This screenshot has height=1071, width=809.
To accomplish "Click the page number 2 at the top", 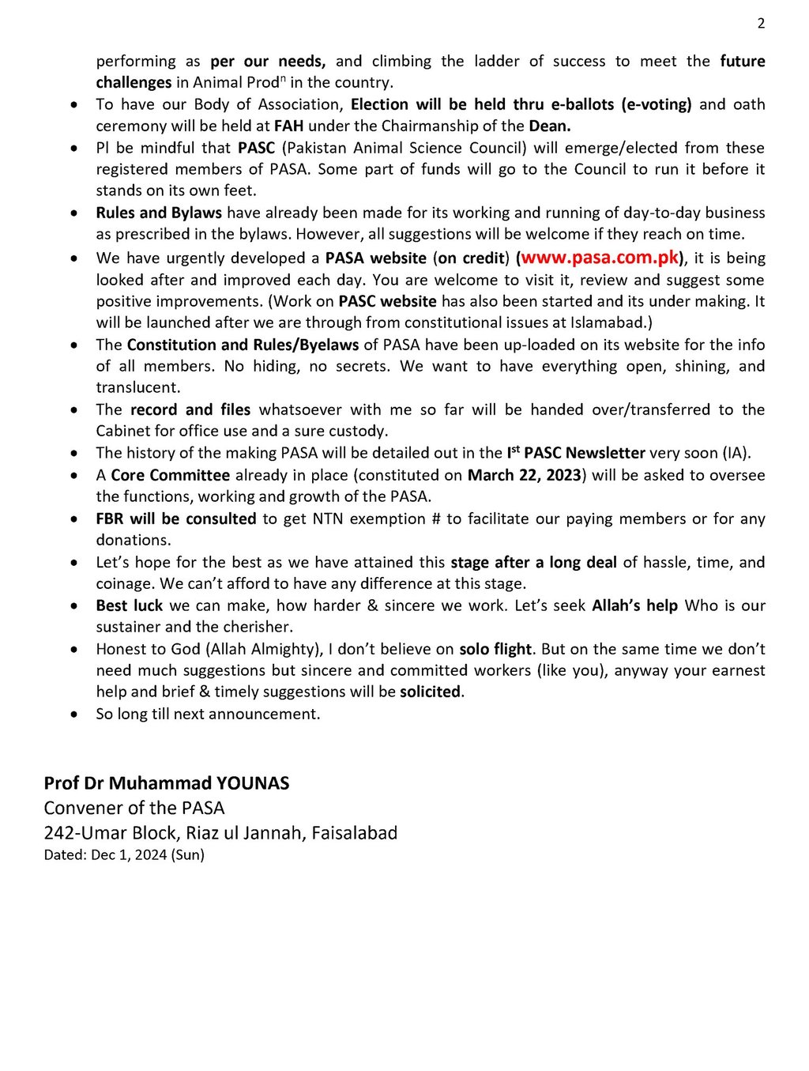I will (761, 24).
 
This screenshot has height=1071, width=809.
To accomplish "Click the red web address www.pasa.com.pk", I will (600, 258).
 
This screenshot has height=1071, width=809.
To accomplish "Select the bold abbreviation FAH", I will (288, 126).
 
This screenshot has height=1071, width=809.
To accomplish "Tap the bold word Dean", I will (550, 126).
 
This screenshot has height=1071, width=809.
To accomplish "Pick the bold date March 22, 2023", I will (525, 475).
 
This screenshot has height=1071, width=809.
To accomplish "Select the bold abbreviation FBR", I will (111, 519).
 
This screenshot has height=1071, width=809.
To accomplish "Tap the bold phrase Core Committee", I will (170, 475).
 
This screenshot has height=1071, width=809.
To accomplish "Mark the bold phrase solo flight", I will (495, 649).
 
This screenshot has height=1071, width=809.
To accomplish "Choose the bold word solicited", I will (430, 692).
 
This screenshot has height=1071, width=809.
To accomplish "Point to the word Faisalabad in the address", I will (355, 833).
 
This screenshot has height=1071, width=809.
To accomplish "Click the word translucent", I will (137, 387).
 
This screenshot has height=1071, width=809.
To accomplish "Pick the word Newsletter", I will (605, 453).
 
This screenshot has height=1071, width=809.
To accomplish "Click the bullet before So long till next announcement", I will (74, 715).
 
